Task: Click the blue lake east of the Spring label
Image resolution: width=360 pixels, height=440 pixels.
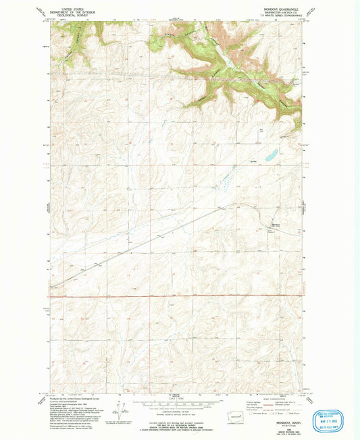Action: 270,156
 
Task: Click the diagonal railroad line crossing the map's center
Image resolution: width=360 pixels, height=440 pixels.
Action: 155,236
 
